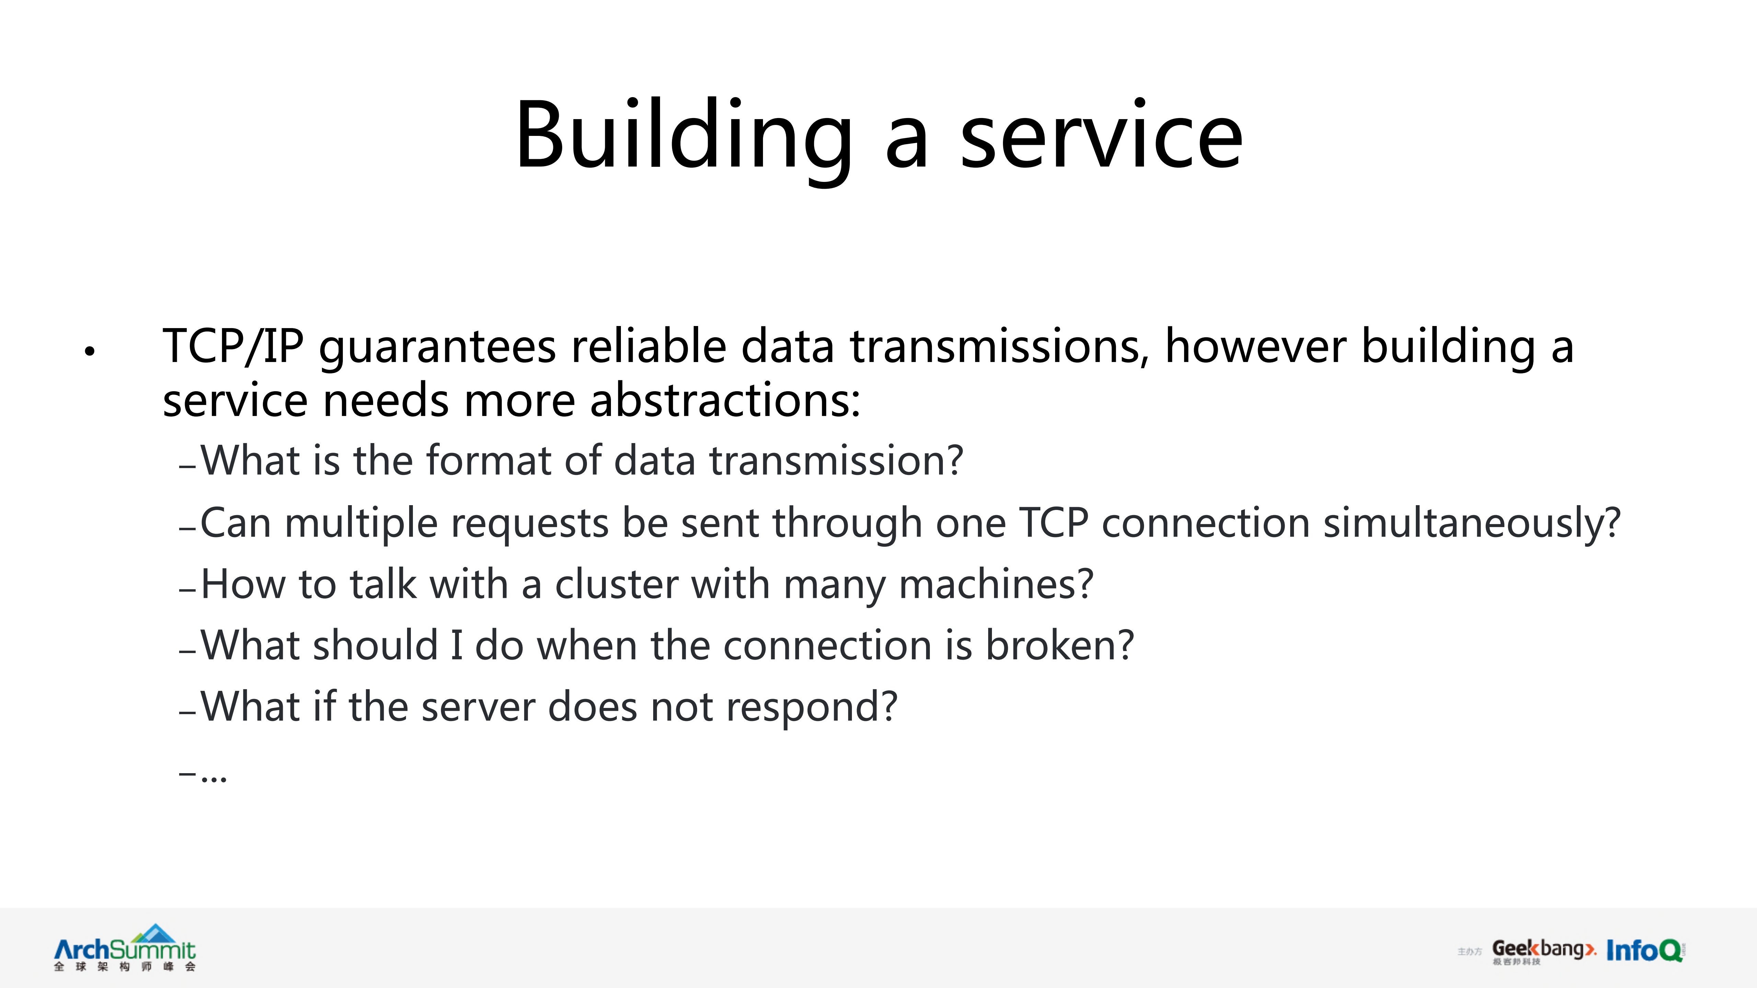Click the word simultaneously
1472,524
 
